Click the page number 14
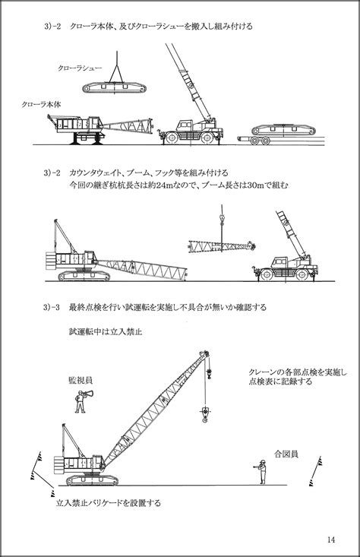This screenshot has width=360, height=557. tap(331, 540)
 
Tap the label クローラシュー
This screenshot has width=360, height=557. tap(80, 68)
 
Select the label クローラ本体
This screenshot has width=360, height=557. tap(41, 104)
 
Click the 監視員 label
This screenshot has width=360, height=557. tap(81, 381)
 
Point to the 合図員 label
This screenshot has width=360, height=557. tap(286, 454)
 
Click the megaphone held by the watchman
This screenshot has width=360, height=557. tap(89, 394)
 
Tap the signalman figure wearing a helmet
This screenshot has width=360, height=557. tap(261, 471)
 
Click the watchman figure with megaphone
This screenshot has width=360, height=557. tap(81, 402)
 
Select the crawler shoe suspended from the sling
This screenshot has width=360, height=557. tap(115, 87)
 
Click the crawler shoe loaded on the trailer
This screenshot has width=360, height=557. tap(283, 130)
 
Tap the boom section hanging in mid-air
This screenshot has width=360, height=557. tap(222, 245)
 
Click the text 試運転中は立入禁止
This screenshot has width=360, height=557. tap(106, 332)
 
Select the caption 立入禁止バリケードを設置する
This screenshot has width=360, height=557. tap(109, 503)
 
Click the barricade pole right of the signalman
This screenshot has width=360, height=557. tap(316, 471)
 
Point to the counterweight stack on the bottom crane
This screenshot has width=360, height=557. tap(59, 465)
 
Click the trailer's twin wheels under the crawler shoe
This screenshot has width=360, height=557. tap(260, 141)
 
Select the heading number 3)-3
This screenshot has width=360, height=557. tap(52, 307)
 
